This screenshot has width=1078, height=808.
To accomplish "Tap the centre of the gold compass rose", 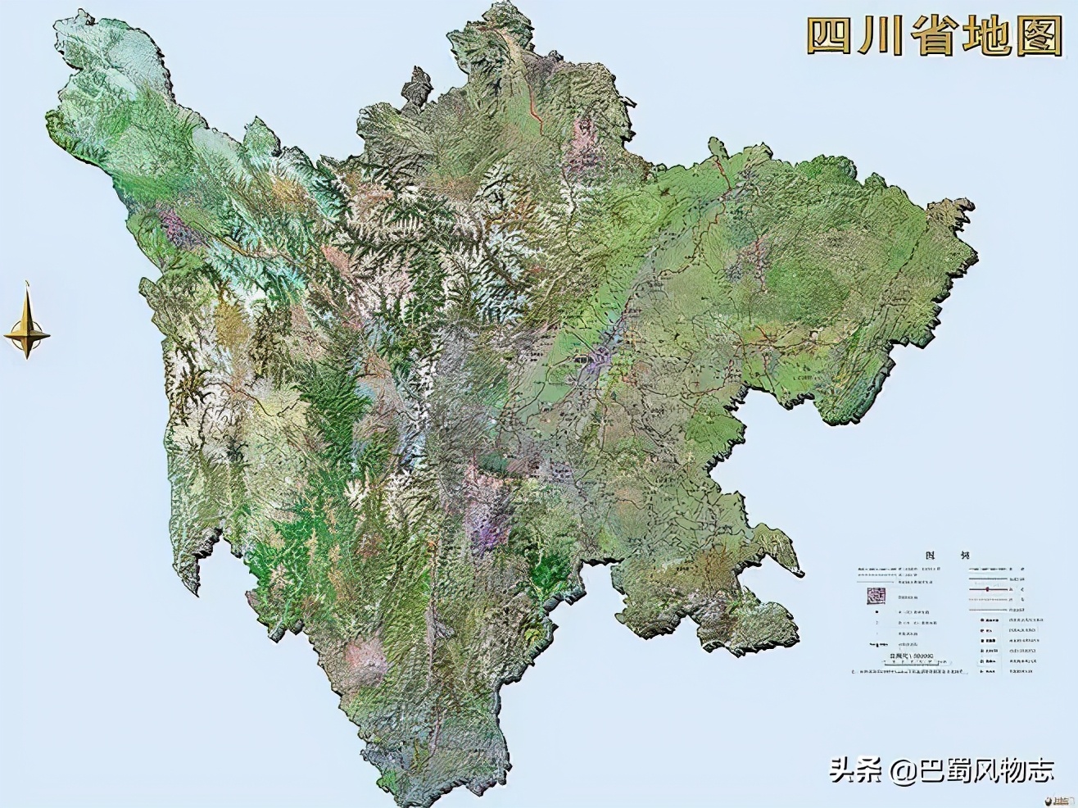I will pos(27,334).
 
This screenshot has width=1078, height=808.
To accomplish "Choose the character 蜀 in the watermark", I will pos(965,769).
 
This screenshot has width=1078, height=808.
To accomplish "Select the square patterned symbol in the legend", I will pos(876,594).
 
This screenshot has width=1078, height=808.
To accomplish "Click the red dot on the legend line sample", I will pos(989,589).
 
